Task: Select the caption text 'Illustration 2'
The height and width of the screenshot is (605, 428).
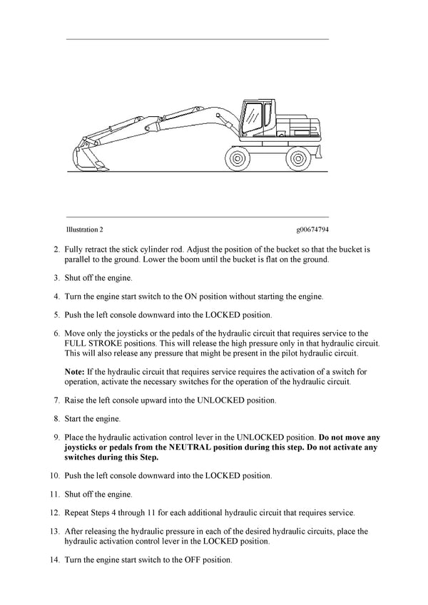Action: (85, 230)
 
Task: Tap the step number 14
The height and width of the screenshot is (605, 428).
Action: (54, 560)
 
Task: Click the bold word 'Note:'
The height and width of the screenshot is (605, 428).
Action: (75, 371)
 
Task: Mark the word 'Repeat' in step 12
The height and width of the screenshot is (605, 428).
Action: (78, 512)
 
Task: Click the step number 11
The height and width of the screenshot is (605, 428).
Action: (54, 494)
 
